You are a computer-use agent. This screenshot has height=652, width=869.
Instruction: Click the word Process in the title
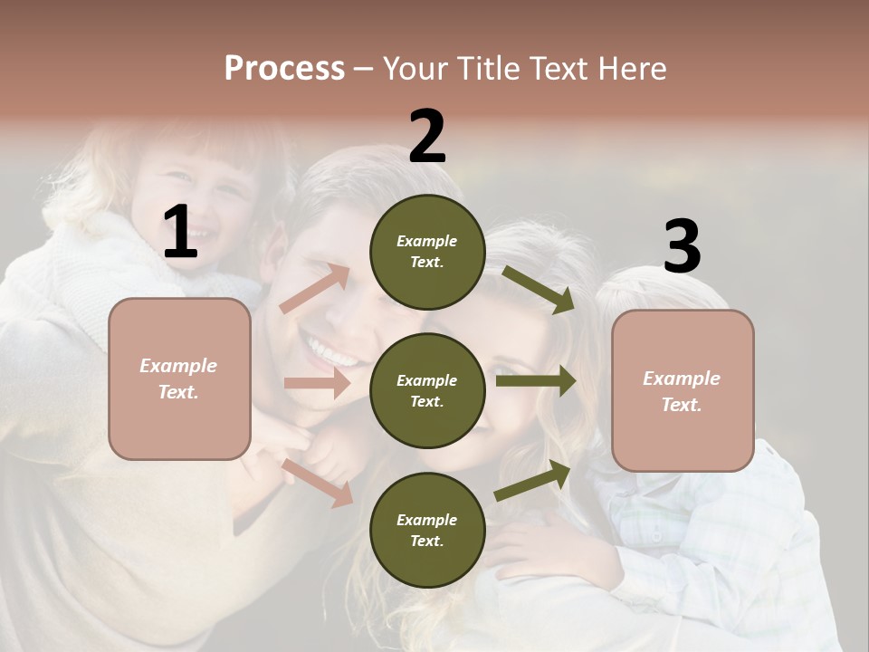coord(284,68)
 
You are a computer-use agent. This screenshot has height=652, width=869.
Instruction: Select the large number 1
coord(180,233)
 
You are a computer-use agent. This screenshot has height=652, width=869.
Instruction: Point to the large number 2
coord(427,137)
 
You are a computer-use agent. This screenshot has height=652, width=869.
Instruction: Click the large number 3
coord(682,247)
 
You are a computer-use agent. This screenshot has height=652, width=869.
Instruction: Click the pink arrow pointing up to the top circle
coord(315,289)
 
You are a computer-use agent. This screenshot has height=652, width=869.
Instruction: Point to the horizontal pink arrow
coord(317,383)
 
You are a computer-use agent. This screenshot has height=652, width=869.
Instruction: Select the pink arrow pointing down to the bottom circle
coord(318,482)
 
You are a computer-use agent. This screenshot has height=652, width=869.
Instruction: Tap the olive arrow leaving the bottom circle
coord(533,480)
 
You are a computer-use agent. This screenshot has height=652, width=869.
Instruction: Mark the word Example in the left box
coord(178,366)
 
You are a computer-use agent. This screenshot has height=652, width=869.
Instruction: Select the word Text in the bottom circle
coord(425,541)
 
